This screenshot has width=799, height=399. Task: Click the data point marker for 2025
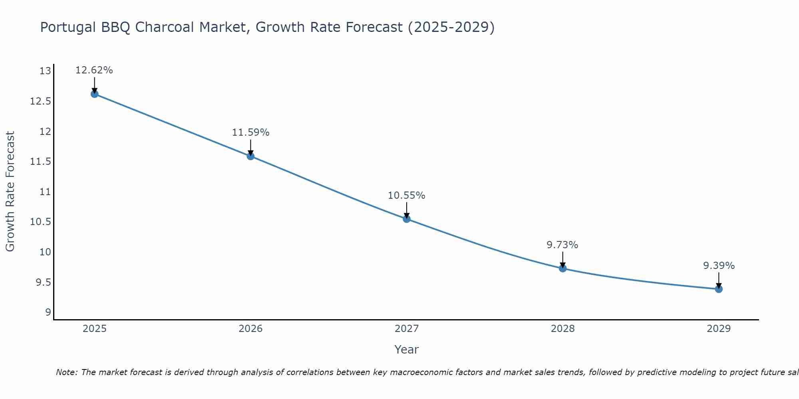[94, 94]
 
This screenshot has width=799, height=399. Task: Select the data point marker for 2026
[250, 156]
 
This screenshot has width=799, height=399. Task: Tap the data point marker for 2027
[407, 219]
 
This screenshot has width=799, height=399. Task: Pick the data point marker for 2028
[562, 268]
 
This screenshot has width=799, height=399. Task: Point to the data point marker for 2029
[719, 289]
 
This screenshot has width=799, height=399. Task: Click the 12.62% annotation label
[94, 70]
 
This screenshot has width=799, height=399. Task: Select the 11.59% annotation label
[250, 132]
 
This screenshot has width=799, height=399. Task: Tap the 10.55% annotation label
[407, 196]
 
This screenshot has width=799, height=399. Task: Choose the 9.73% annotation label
[562, 245]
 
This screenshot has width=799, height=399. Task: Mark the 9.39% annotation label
[719, 266]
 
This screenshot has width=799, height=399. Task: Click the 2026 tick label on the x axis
[250, 329]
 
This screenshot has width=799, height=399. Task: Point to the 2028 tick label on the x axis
[562, 329]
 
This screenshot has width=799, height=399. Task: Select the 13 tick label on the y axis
[46, 71]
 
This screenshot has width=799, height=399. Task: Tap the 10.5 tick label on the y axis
[41, 222]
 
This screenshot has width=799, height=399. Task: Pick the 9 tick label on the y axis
[48, 312]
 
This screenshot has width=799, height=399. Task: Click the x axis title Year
[406, 350]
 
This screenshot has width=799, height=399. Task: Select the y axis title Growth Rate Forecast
[10, 192]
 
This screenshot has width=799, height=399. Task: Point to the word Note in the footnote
[66, 372]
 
